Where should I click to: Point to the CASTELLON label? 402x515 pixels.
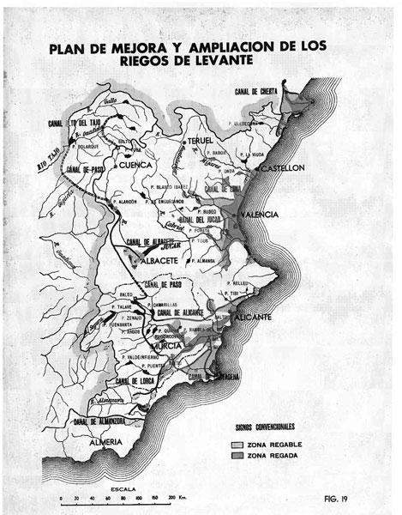283,169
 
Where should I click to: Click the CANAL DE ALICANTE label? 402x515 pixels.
183,312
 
